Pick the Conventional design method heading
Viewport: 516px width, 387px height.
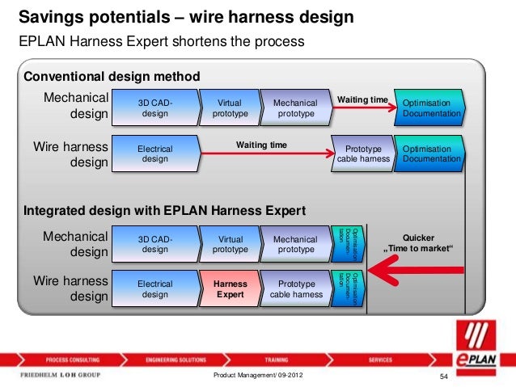click(x=112, y=77)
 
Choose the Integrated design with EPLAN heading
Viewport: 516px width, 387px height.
click(x=165, y=212)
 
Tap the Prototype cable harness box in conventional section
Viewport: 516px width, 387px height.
click(x=362, y=154)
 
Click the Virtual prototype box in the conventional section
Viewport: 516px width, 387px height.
click(x=230, y=109)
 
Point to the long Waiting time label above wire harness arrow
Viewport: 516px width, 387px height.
click(x=260, y=145)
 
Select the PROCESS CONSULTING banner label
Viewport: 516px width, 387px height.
click(x=73, y=359)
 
